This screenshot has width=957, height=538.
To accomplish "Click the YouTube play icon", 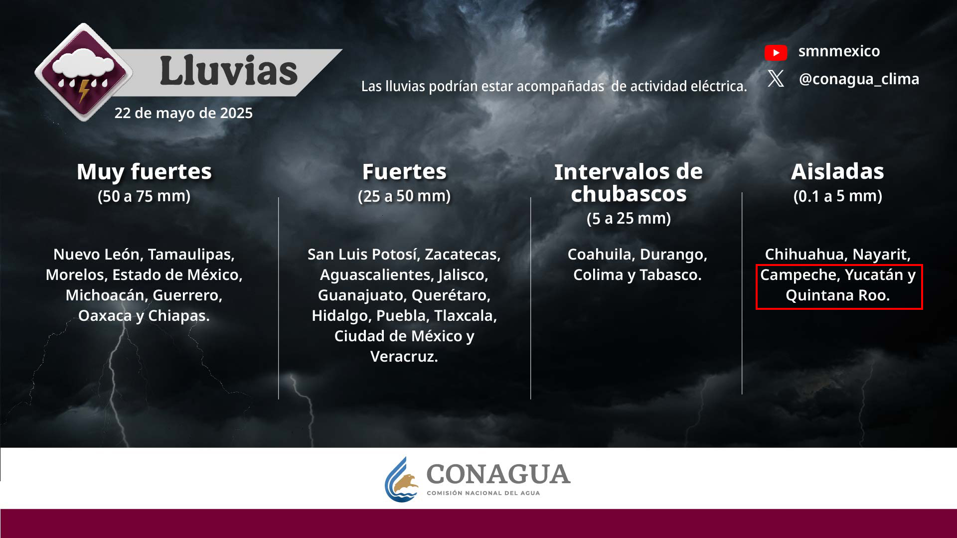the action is click(x=776, y=52).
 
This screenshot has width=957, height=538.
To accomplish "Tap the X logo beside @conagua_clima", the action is click(x=776, y=79).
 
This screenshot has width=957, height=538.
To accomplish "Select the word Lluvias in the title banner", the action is click(x=229, y=71).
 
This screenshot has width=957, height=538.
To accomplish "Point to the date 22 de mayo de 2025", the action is click(x=183, y=113).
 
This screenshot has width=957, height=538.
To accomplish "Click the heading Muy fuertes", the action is click(x=144, y=171).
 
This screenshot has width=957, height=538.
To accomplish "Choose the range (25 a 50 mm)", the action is click(x=404, y=196).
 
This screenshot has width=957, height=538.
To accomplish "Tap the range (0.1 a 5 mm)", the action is click(x=838, y=196).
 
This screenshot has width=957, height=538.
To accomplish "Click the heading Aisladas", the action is click(x=838, y=171).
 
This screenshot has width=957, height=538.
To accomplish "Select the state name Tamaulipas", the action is click(x=191, y=254).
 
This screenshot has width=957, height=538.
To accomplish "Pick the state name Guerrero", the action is click(x=187, y=295).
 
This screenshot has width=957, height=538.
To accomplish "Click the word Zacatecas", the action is click(x=463, y=254).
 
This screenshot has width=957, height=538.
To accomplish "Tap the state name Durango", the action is click(x=673, y=254).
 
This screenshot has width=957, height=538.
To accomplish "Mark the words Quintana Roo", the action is click(x=838, y=295).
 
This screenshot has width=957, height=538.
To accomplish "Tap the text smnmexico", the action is click(x=839, y=51).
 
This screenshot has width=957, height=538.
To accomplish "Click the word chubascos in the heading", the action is click(x=629, y=194).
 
